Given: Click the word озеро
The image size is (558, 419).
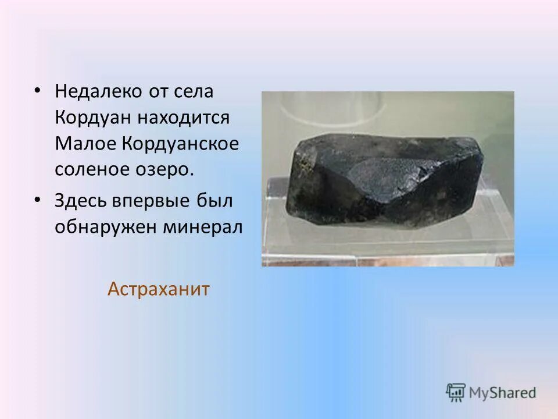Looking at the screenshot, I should pos(170,170).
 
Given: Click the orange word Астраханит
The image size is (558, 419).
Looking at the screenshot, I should pos(158,289).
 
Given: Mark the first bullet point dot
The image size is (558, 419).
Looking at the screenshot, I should pos(37,91).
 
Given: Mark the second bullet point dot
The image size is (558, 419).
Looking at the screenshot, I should pos(37,201).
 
